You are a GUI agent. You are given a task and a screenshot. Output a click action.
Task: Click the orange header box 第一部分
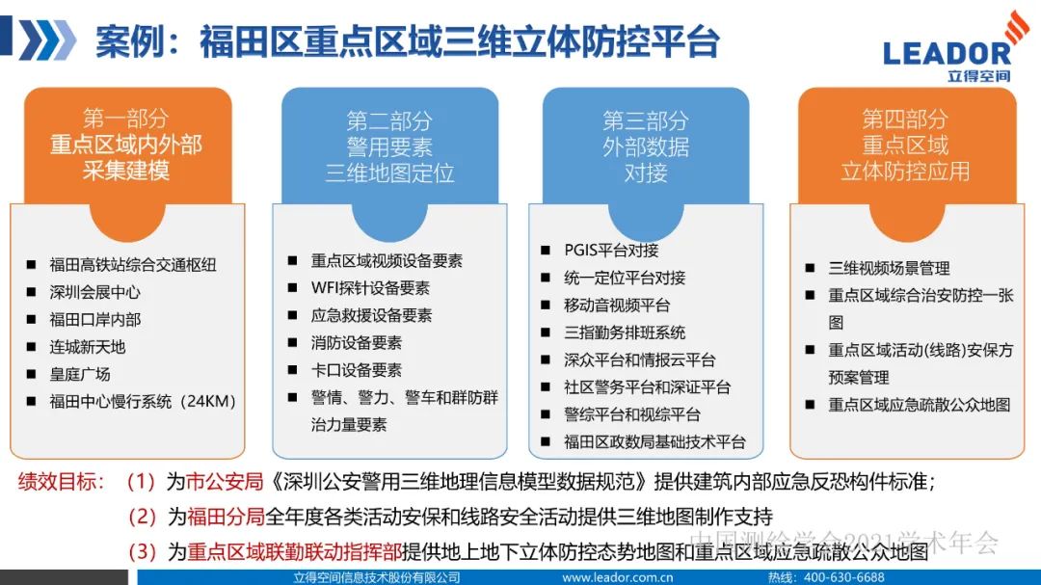pos(126,145)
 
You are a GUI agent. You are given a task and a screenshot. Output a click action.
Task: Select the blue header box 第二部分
pos(389,146)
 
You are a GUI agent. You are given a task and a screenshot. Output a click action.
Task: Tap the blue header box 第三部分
pos(645,146)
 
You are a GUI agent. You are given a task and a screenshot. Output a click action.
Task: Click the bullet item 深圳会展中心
pos(94,292)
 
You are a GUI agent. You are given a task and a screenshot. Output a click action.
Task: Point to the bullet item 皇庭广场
pos(80,374)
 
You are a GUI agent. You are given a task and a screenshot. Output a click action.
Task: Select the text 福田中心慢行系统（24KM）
pos(143,401)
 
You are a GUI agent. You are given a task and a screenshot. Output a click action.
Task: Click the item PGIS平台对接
pos(611,250)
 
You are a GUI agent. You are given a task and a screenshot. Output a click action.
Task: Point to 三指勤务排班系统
pos(625,332)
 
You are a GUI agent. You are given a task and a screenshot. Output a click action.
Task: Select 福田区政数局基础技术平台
pos(654,442)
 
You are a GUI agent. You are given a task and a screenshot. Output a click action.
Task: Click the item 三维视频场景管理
pos(889,268)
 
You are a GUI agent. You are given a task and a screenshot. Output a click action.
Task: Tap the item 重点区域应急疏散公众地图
pos(920,405)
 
